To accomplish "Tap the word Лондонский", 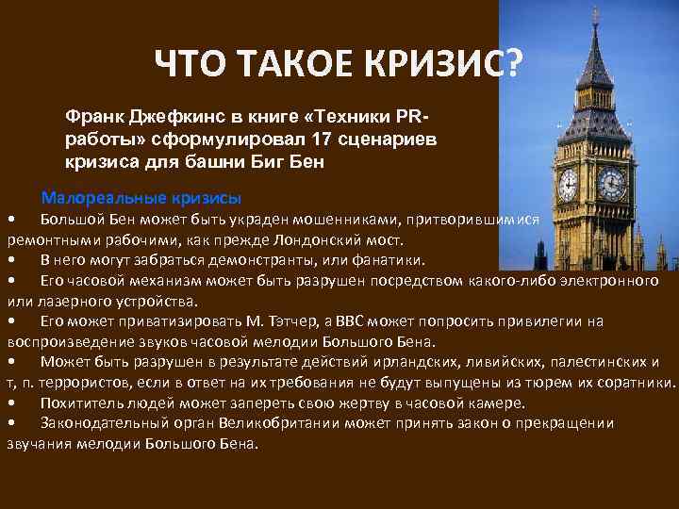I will pos(317,239).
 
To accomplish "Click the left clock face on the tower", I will pos(568,184).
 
